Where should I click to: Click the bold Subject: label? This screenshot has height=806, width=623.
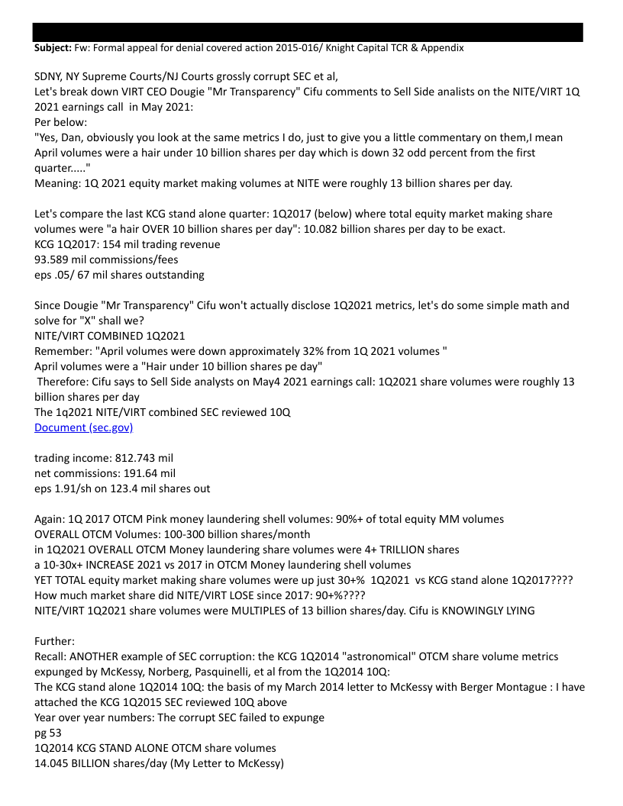tap(53, 47)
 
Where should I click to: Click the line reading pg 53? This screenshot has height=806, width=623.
tap(47, 733)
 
